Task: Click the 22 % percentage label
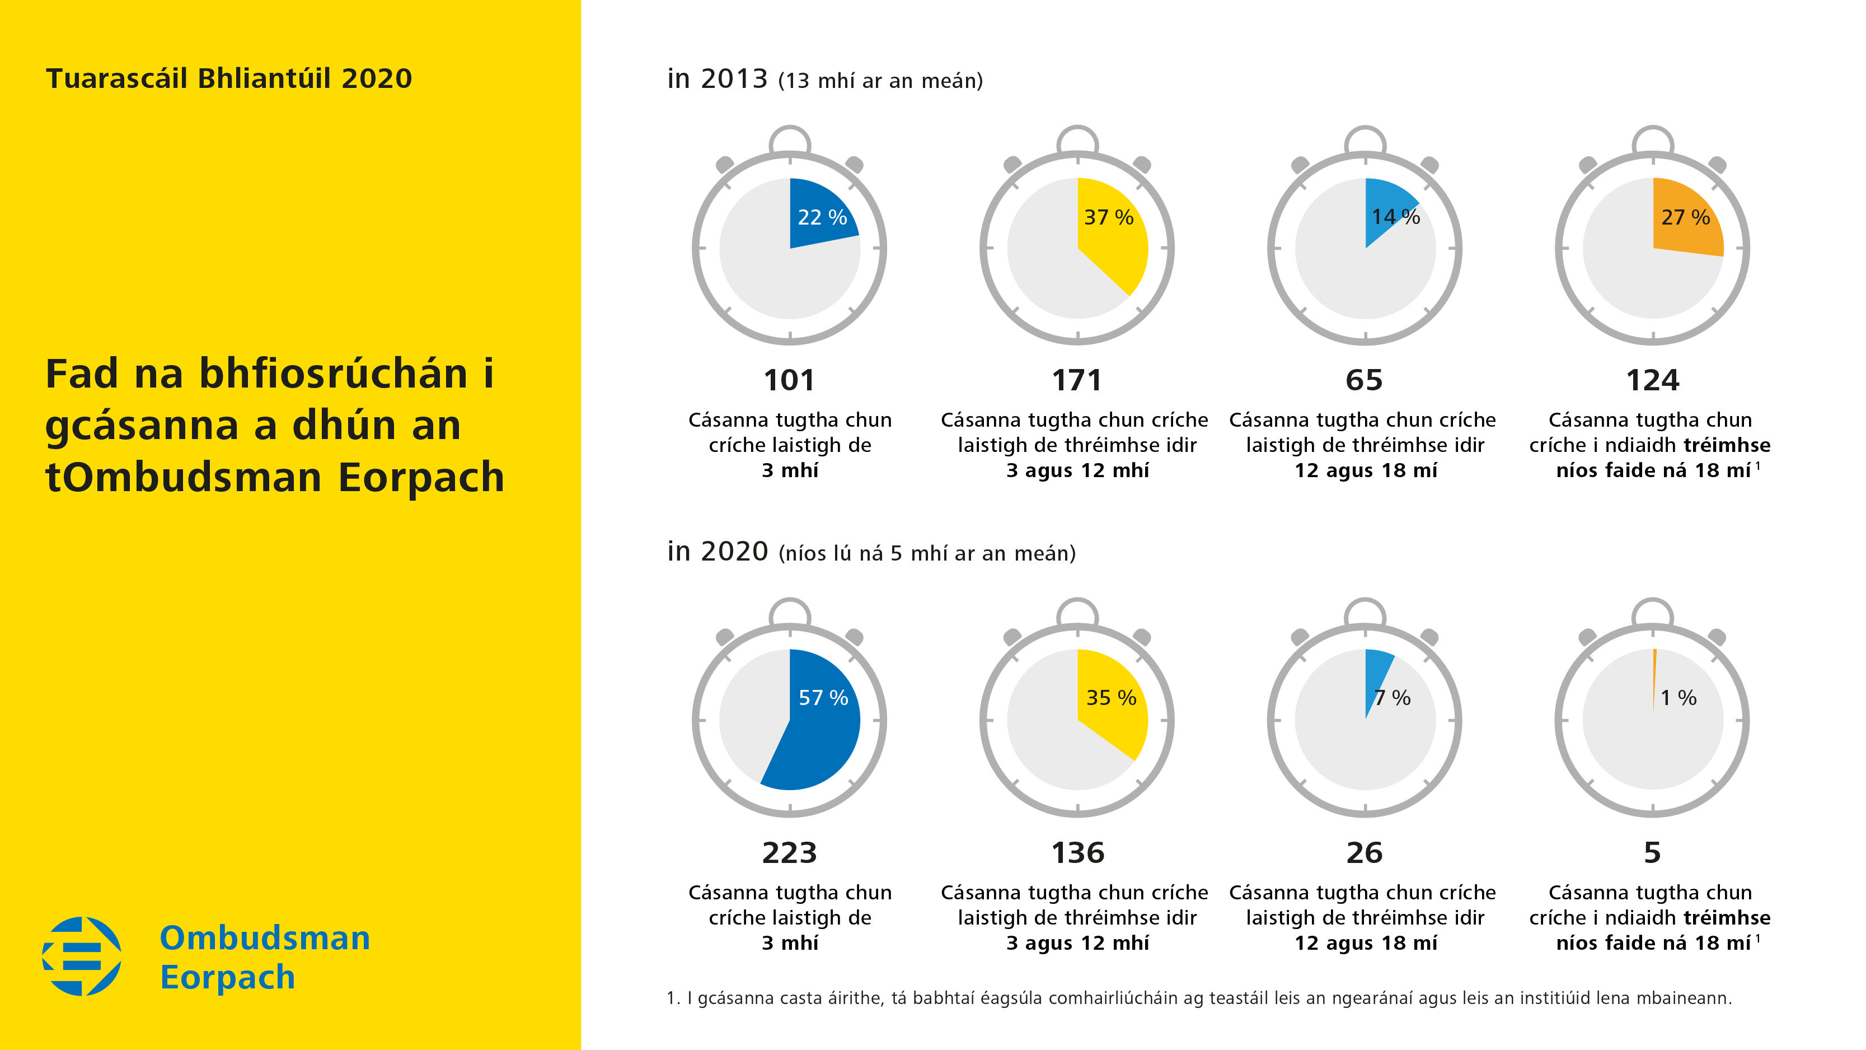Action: pos(822,217)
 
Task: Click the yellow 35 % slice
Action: pos(1112,717)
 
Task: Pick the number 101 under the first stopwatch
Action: pos(789,380)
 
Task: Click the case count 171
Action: pos(1076,380)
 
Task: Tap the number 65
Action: pos(1364,380)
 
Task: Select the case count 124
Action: pos(1652,380)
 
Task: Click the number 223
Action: pos(789,853)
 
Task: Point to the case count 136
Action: pos(1077,853)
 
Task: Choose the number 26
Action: pos(1364,853)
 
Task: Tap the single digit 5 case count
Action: pos(1652,853)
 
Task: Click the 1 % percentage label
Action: pos(1677,698)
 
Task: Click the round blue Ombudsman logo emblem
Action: pos(82,956)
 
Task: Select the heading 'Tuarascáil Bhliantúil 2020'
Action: pos(229,78)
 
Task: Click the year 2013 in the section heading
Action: pos(734,78)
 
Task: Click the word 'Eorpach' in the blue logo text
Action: pos(227,977)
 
